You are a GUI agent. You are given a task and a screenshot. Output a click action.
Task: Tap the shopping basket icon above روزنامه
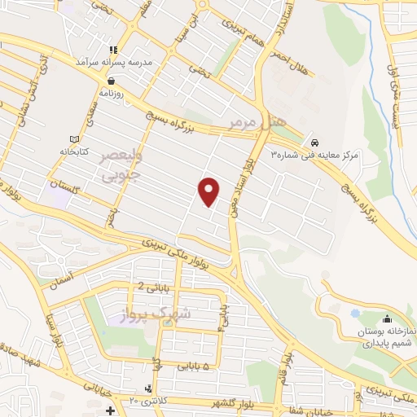[x=110, y=81]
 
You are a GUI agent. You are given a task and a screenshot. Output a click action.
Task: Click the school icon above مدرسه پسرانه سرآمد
[x=123, y=50]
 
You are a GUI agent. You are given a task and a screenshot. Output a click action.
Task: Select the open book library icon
[x=75, y=139]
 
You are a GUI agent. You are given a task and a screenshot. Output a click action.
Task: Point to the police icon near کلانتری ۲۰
[x=146, y=388]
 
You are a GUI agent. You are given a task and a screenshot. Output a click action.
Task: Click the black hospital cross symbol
[x=110, y=410]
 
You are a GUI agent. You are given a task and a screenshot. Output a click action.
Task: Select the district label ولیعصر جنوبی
[x=120, y=165]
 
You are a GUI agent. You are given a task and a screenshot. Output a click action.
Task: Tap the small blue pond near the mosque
[x=355, y=312]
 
